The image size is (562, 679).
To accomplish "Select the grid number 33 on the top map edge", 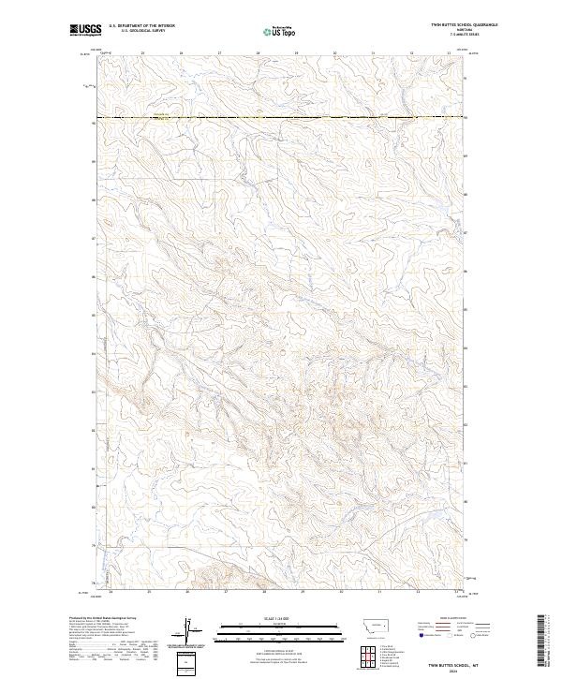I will pyautogui.click(x=450, y=53).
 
